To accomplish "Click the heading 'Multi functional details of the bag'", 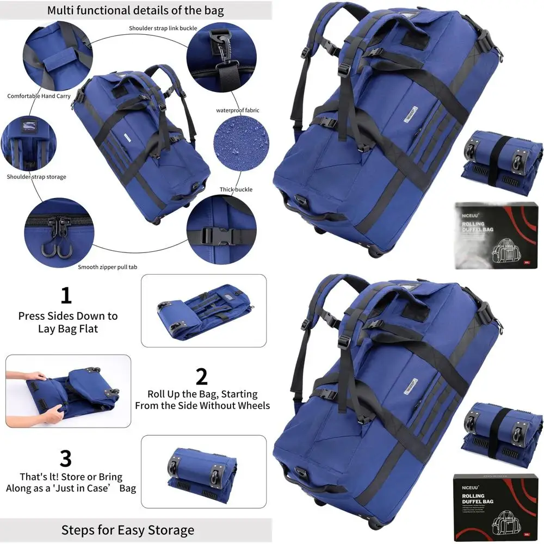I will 135,10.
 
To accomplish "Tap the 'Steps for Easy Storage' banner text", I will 127,530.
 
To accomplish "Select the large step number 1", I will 66,296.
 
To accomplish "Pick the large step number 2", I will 201,376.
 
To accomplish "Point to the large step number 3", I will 65,458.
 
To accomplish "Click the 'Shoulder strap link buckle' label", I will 163,28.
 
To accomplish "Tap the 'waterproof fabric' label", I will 238,110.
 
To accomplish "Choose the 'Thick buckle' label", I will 236,189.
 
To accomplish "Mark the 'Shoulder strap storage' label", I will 36,177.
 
